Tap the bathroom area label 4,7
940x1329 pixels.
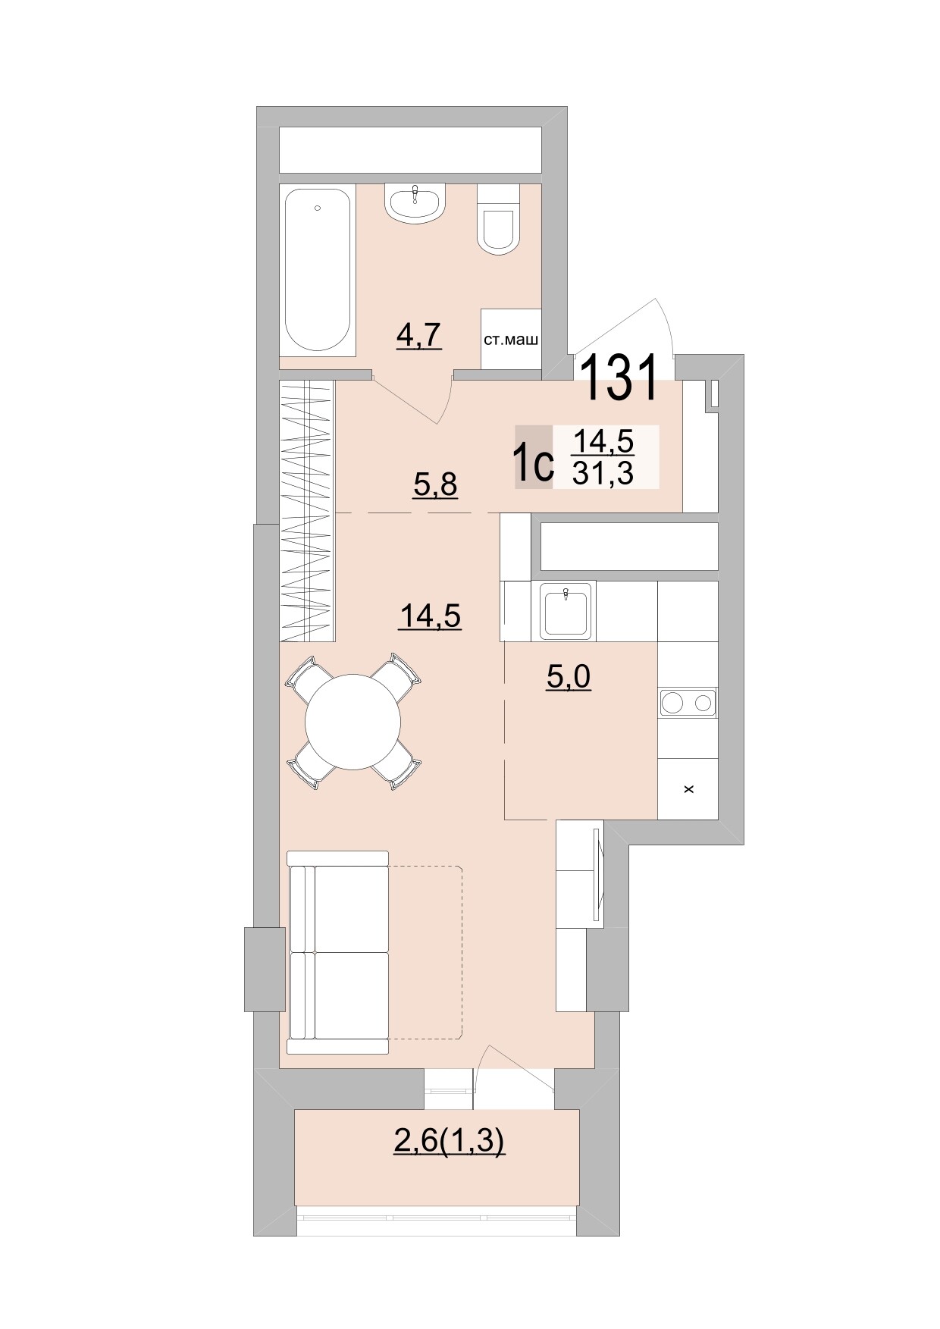418,334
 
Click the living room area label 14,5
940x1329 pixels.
430,616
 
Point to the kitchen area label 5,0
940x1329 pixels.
569,676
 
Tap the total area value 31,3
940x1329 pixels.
603,474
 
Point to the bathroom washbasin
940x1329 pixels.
415,202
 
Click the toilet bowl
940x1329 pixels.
498,225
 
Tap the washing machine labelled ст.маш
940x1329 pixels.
511,339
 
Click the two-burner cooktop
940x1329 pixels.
688,703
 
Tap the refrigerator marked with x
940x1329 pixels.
688,789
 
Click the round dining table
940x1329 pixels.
352,722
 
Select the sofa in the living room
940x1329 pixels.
339,952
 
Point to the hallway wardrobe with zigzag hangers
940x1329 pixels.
307,511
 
